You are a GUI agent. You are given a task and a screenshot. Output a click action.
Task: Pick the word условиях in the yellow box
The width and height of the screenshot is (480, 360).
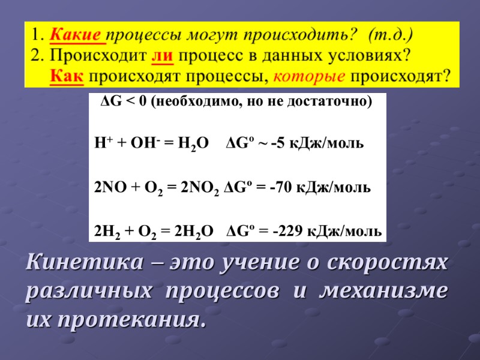(x=373, y=55)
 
